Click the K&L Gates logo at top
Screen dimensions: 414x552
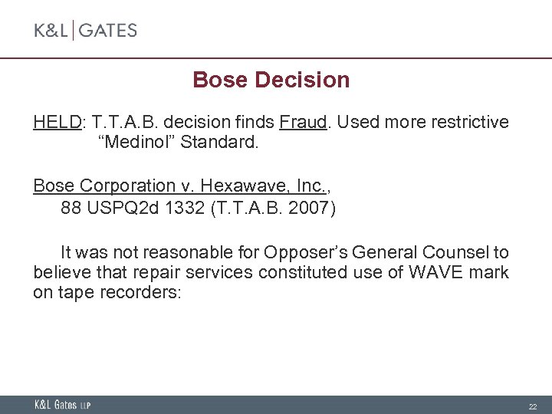click(x=85, y=31)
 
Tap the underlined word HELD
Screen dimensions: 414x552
click(x=58, y=123)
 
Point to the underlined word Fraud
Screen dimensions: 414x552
click(x=302, y=123)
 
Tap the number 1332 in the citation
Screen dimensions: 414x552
click(x=181, y=208)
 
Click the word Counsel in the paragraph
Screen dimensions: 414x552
click(x=455, y=252)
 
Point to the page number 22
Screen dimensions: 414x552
click(x=532, y=406)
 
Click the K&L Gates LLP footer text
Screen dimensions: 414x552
click(x=62, y=405)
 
